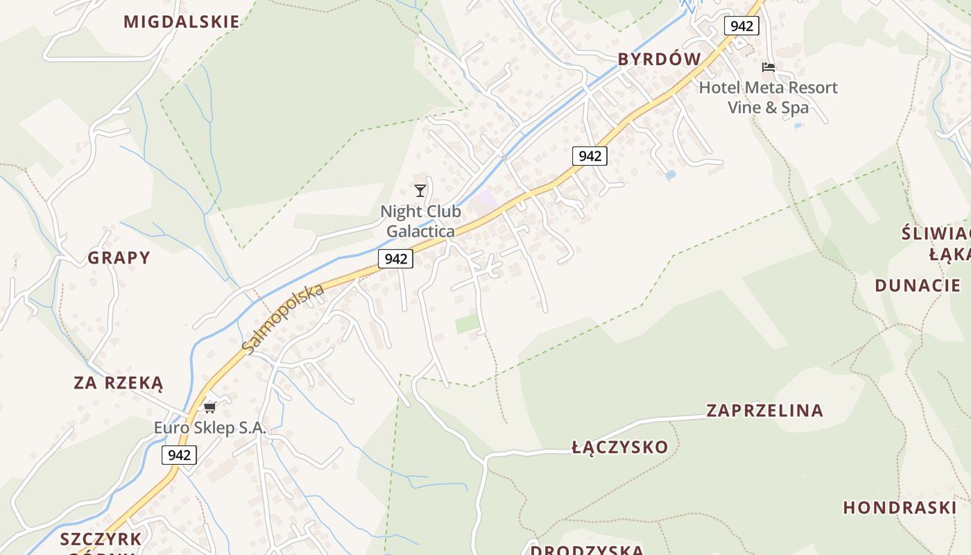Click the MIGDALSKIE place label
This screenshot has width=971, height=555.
pos(182,22)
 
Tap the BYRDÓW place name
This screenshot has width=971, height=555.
pos(660,60)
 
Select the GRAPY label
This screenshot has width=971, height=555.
pos(119,258)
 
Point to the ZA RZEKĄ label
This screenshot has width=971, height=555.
pos(119,383)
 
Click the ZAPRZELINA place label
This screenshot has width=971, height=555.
pos(765,411)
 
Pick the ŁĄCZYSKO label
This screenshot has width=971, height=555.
pos(620,447)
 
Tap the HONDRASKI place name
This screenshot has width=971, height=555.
pos(900,508)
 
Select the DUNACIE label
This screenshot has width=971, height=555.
pos(918,285)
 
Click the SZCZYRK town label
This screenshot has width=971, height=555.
pos(101,539)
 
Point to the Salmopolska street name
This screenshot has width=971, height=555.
pos(284,318)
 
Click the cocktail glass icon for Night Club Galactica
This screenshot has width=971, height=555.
pos(420,190)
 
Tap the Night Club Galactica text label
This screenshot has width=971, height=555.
pos(420,221)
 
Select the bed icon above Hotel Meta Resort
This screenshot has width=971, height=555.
pos(768,67)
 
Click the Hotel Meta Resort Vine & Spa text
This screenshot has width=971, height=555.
pos(768,97)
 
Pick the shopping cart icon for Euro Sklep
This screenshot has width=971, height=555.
pos(210,407)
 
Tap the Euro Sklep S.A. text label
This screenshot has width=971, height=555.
pos(210,428)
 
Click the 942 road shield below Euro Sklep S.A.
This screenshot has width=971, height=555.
pos(179,455)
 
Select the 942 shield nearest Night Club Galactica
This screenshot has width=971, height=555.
pos(395,259)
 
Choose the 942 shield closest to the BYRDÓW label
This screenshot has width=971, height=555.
pos(741,26)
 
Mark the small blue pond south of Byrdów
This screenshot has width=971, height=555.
pos(670,175)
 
